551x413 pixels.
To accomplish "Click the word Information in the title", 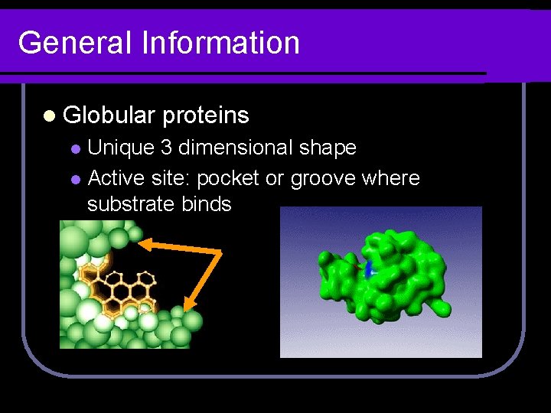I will coord(221,43).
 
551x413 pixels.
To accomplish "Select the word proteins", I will coord(206,115).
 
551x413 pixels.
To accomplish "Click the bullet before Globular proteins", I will coord(49,116).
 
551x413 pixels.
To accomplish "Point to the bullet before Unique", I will coord(75,148).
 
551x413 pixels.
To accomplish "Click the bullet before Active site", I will coord(75,180).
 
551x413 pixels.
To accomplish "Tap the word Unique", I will coord(122,147).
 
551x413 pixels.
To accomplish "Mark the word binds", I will coord(207,204).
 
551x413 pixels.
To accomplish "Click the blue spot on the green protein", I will coord(370,268).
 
